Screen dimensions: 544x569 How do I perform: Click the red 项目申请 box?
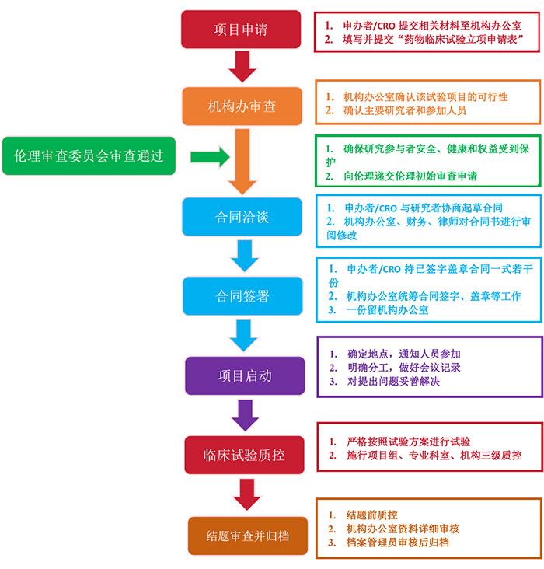(241, 30)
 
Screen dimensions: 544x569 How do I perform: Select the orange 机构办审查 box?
(242, 106)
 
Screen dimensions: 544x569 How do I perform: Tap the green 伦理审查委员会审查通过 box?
(89, 155)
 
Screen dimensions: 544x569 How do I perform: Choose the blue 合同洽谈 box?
(242, 217)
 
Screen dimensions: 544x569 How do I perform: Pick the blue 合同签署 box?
(242, 296)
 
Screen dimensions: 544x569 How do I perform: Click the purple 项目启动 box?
(245, 375)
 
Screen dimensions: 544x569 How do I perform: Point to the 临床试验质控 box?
(244, 455)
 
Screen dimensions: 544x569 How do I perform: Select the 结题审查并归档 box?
(248, 536)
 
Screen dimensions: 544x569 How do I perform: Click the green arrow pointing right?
(210, 157)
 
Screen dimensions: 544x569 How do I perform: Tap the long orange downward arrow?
(242, 162)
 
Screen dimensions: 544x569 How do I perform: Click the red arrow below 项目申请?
(242, 67)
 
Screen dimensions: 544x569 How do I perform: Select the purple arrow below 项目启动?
(246, 416)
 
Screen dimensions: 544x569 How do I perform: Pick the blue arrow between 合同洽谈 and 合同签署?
(245, 256)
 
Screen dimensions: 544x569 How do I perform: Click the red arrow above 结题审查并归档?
(247, 494)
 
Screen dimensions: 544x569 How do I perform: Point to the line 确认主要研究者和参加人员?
(405, 110)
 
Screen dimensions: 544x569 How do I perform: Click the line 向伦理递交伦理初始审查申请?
(410, 176)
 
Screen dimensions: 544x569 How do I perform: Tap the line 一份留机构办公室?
(387, 310)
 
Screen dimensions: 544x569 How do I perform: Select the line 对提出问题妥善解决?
(393, 382)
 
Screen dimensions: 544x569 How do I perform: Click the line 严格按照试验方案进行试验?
(409, 442)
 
